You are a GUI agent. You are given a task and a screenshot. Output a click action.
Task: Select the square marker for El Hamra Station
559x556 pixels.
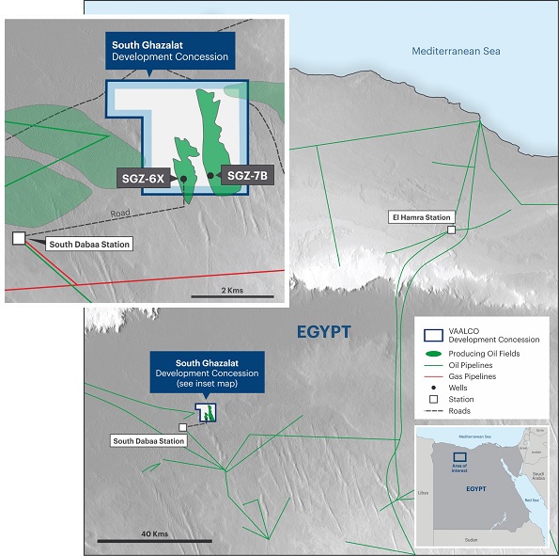(x=451, y=230)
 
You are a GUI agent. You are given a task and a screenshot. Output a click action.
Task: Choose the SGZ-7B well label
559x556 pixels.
(x=247, y=176)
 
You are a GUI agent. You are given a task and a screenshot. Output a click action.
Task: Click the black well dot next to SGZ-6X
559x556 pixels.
(x=183, y=178)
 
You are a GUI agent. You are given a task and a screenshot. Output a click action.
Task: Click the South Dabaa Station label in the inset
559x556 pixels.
(x=89, y=244)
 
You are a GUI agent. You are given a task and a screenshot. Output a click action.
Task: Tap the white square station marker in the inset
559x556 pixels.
(x=19, y=238)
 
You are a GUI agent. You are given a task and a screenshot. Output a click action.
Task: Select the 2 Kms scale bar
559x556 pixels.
(x=230, y=294)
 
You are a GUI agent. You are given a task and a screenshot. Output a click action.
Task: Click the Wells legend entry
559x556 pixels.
(x=462, y=388)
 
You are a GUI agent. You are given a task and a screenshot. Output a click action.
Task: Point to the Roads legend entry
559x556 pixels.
(x=463, y=411)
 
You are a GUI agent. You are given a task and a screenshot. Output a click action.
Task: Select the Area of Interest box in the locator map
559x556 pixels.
(x=459, y=456)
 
